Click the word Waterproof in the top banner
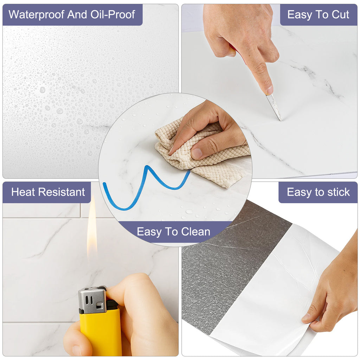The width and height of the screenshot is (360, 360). pyautogui.click(x=36, y=15)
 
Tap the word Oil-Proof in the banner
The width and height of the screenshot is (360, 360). pyautogui.click(x=112, y=14)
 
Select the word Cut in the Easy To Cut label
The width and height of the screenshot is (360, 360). pyautogui.click(x=340, y=14)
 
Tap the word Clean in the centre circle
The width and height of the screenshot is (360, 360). pyautogui.click(x=195, y=232)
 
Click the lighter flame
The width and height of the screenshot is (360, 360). pyautogui.click(x=92, y=227)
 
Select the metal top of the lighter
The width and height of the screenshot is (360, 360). pyautogui.click(x=92, y=300)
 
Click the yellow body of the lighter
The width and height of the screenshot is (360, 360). pyautogui.click(x=101, y=333)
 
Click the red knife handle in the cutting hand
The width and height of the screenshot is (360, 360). pyautogui.click(x=237, y=52)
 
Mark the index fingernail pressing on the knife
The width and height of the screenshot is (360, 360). pyautogui.click(x=270, y=90)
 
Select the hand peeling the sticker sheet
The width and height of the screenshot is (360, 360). pyautogui.click(x=333, y=291)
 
